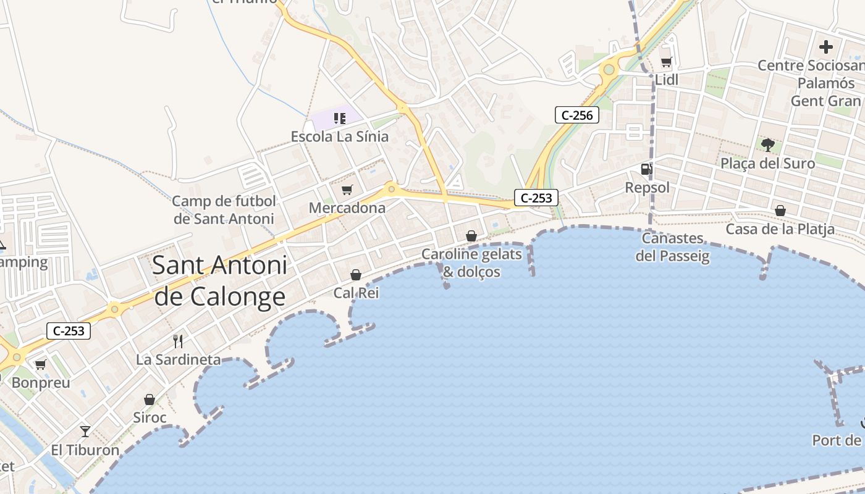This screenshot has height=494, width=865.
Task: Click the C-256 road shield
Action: coord(577,115)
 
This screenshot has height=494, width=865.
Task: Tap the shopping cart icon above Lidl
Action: coord(666,62)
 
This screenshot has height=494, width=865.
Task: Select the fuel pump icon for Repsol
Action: coord(646,169)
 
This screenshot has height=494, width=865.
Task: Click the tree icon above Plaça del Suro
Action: coord(767,145)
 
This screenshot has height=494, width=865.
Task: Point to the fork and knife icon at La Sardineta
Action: coord(178,341)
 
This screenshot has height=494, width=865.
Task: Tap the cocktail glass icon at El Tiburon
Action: coord(85,431)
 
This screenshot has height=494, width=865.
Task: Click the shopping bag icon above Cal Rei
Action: coord(356,274)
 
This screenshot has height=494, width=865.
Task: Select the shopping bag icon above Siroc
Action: coord(149,400)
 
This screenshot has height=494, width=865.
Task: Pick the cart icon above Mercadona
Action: coord(347,190)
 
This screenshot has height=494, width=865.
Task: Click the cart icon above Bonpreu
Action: coord(41,364)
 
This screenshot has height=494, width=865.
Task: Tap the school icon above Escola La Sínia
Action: coord(339,118)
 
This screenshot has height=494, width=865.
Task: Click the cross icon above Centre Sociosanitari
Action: coord(825,46)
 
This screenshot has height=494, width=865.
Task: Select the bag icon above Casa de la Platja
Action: coord(780,211)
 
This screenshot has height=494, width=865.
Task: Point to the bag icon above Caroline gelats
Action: coord(471,236)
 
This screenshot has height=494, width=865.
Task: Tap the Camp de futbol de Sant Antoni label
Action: coord(224,210)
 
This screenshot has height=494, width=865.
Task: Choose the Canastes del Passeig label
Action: coord(672,247)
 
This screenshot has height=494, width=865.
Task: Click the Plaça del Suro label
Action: coord(768,164)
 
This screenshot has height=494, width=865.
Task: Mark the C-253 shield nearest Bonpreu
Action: coord(69,331)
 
